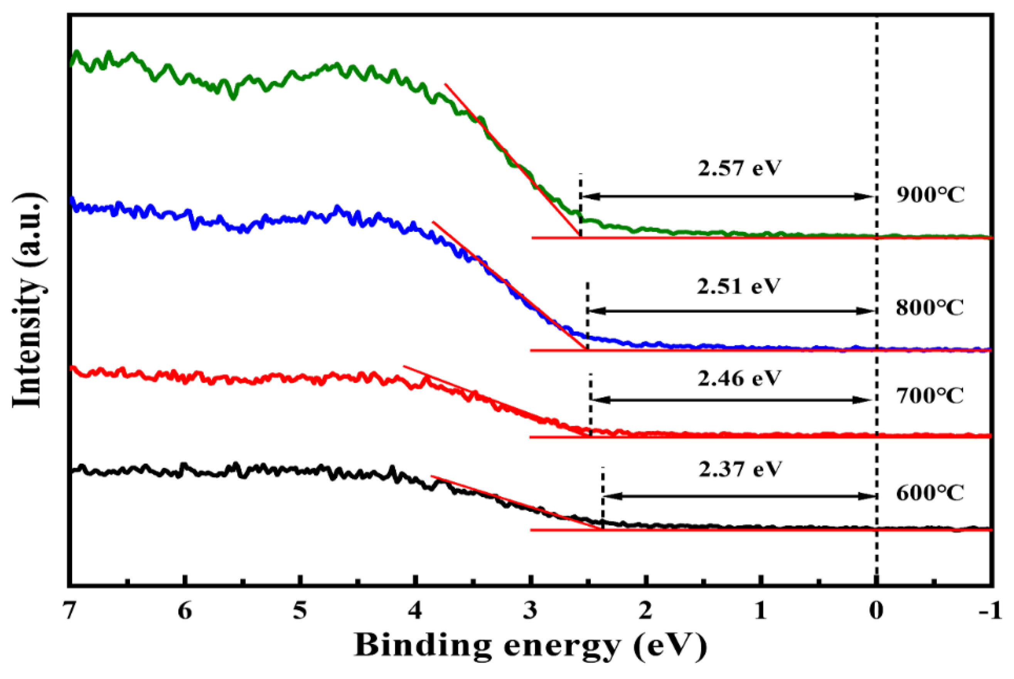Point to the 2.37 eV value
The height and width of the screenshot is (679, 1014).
pyautogui.click(x=740, y=469)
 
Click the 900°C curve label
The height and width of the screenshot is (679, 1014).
pyautogui.click(x=930, y=195)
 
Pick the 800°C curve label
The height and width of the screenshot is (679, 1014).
pyautogui.click(x=930, y=308)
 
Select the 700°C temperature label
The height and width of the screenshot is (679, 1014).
pyautogui.click(x=930, y=396)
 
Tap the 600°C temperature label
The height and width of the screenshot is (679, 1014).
pyautogui.click(x=930, y=493)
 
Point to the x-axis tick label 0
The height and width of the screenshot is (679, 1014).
pyautogui.click(x=876, y=611)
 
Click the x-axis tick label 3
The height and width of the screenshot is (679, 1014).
pyautogui.click(x=530, y=611)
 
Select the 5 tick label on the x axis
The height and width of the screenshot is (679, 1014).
pyautogui.click(x=300, y=611)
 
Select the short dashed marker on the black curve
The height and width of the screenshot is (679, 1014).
pyautogui.click(x=602, y=497)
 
